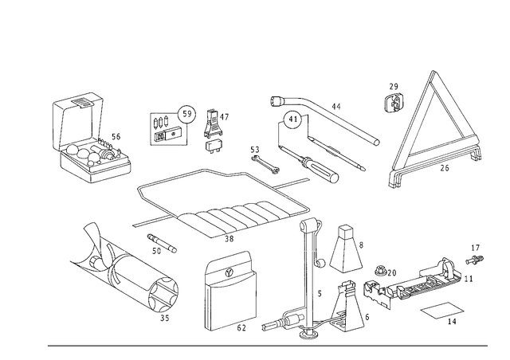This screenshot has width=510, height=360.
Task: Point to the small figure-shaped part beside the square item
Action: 213,131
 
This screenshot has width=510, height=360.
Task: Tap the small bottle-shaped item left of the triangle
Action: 393,100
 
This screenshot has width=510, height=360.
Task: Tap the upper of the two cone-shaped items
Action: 344,248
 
